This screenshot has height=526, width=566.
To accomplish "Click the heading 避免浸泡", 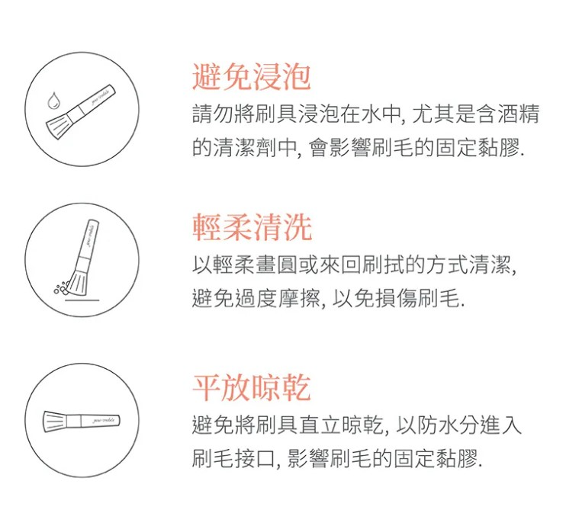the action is (x=251, y=76).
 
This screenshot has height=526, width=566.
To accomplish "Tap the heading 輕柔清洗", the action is (x=252, y=227).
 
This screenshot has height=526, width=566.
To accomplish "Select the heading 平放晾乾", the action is (x=252, y=387).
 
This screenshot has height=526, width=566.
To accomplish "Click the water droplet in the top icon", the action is (x=53, y=100).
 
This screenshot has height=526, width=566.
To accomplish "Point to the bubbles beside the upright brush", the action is (x=61, y=287).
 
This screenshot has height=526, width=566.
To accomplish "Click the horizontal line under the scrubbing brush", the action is (x=82, y=300).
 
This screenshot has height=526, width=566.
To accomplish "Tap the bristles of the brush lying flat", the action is (x=54, y=421).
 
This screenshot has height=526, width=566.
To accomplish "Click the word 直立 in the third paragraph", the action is (x=319, y=425).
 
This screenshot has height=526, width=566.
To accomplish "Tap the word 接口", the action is (x=255, y=459).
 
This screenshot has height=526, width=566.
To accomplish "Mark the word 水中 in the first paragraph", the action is (x=382, y=114).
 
